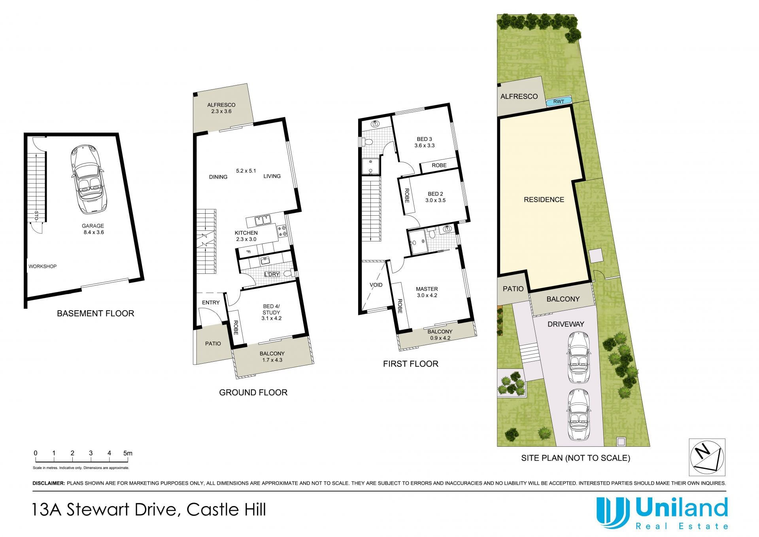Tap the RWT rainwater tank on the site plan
pyautogui.click(x=559, y=102)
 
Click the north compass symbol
pyautogui.click(x=707, y=457)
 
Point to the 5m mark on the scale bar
pyautogui.click(x=127, y=453)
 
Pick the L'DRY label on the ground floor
pyautogui.click(x=272, y=274)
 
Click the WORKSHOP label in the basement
pyautogui.click(x=42, y=266)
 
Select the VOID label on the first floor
pyautogui.click(x=376, y=285)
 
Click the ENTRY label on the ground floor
pyautogui.click(x=211, y=302)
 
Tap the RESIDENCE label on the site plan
pyautogui.click(x=544, y=199)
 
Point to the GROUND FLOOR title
pyautogui.click(x=253, y=393)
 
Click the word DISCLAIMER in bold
pyautogui.click(x=49, y=483)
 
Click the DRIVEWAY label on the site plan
pyautogui.click(x=566, y=324)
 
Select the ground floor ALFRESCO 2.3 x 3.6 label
pyautogui.click(x=221, y=108)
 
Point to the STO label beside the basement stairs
pyautogui.click(x=36, y=216)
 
